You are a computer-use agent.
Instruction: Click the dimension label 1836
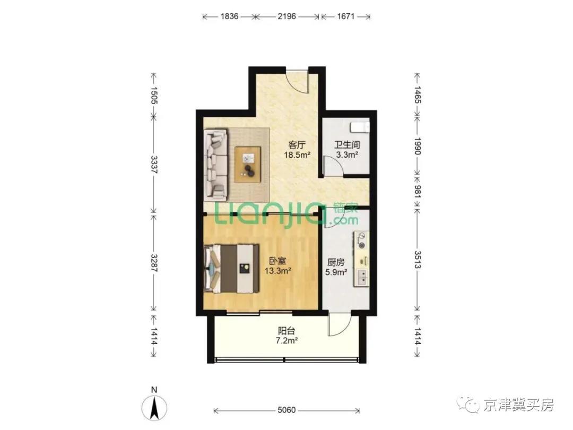(x=230, y=16)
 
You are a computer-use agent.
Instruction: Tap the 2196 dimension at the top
(x=286, y=16)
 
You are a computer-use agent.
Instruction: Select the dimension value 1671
(x=346, y=16)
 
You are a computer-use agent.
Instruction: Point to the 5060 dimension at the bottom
(x=286, y=410)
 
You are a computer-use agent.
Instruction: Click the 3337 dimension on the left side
(x=154, y=165)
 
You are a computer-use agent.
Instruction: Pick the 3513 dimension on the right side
(x=418, y=259)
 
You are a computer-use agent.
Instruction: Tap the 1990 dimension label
(x=418, y=146)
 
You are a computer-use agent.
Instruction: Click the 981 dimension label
(x=418, y=191)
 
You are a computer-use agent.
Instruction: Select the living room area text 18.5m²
(x=297, y=154)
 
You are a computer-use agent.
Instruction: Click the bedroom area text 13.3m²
(x=277, y=271)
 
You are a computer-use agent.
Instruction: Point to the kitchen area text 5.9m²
(x=336, y=272)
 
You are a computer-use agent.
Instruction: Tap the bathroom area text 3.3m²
(x=347, y=154)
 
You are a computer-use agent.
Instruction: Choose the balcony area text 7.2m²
(x=286, y=341)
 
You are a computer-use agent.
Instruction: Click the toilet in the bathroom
(x=360, y=127)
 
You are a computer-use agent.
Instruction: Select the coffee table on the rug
(x=248, y=164)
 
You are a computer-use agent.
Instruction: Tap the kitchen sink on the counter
(x=361, y=277)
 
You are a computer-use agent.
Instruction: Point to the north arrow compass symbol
(x=154, y=407)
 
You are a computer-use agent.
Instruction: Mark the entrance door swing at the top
(x=298, y=81)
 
